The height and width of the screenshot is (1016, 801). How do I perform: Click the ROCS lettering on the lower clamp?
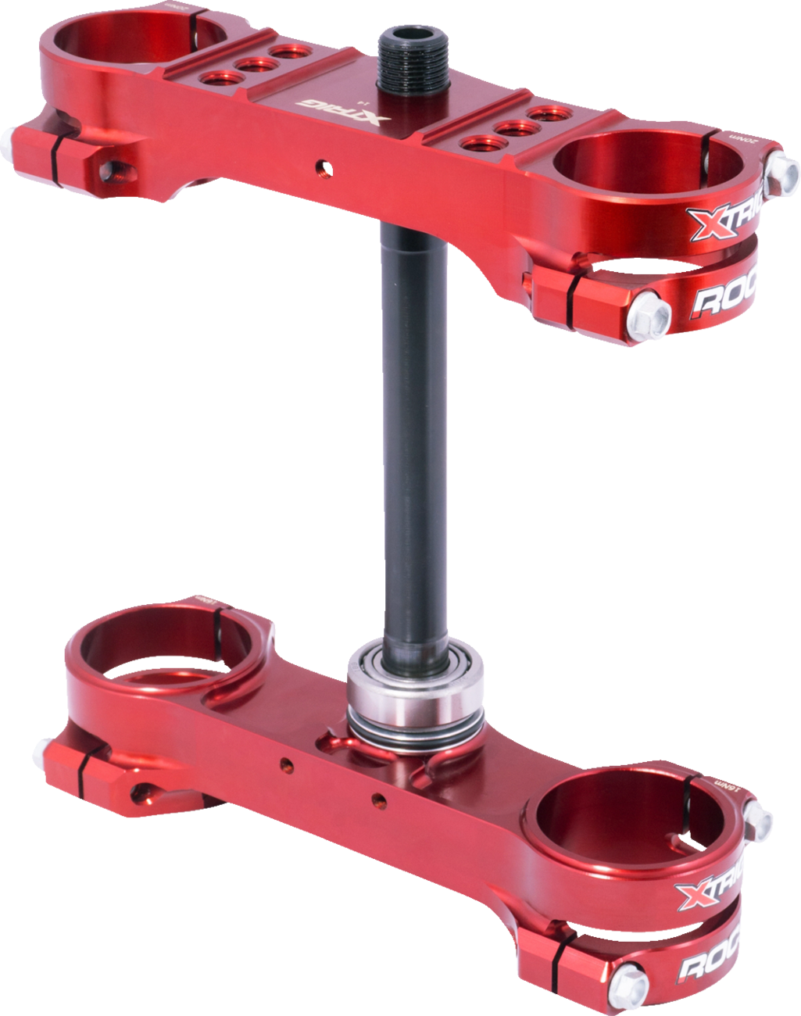[710, 964]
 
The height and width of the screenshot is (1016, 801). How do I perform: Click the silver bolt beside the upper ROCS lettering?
[653, 312]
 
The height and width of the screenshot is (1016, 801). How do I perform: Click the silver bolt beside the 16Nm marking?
[757, 817]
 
